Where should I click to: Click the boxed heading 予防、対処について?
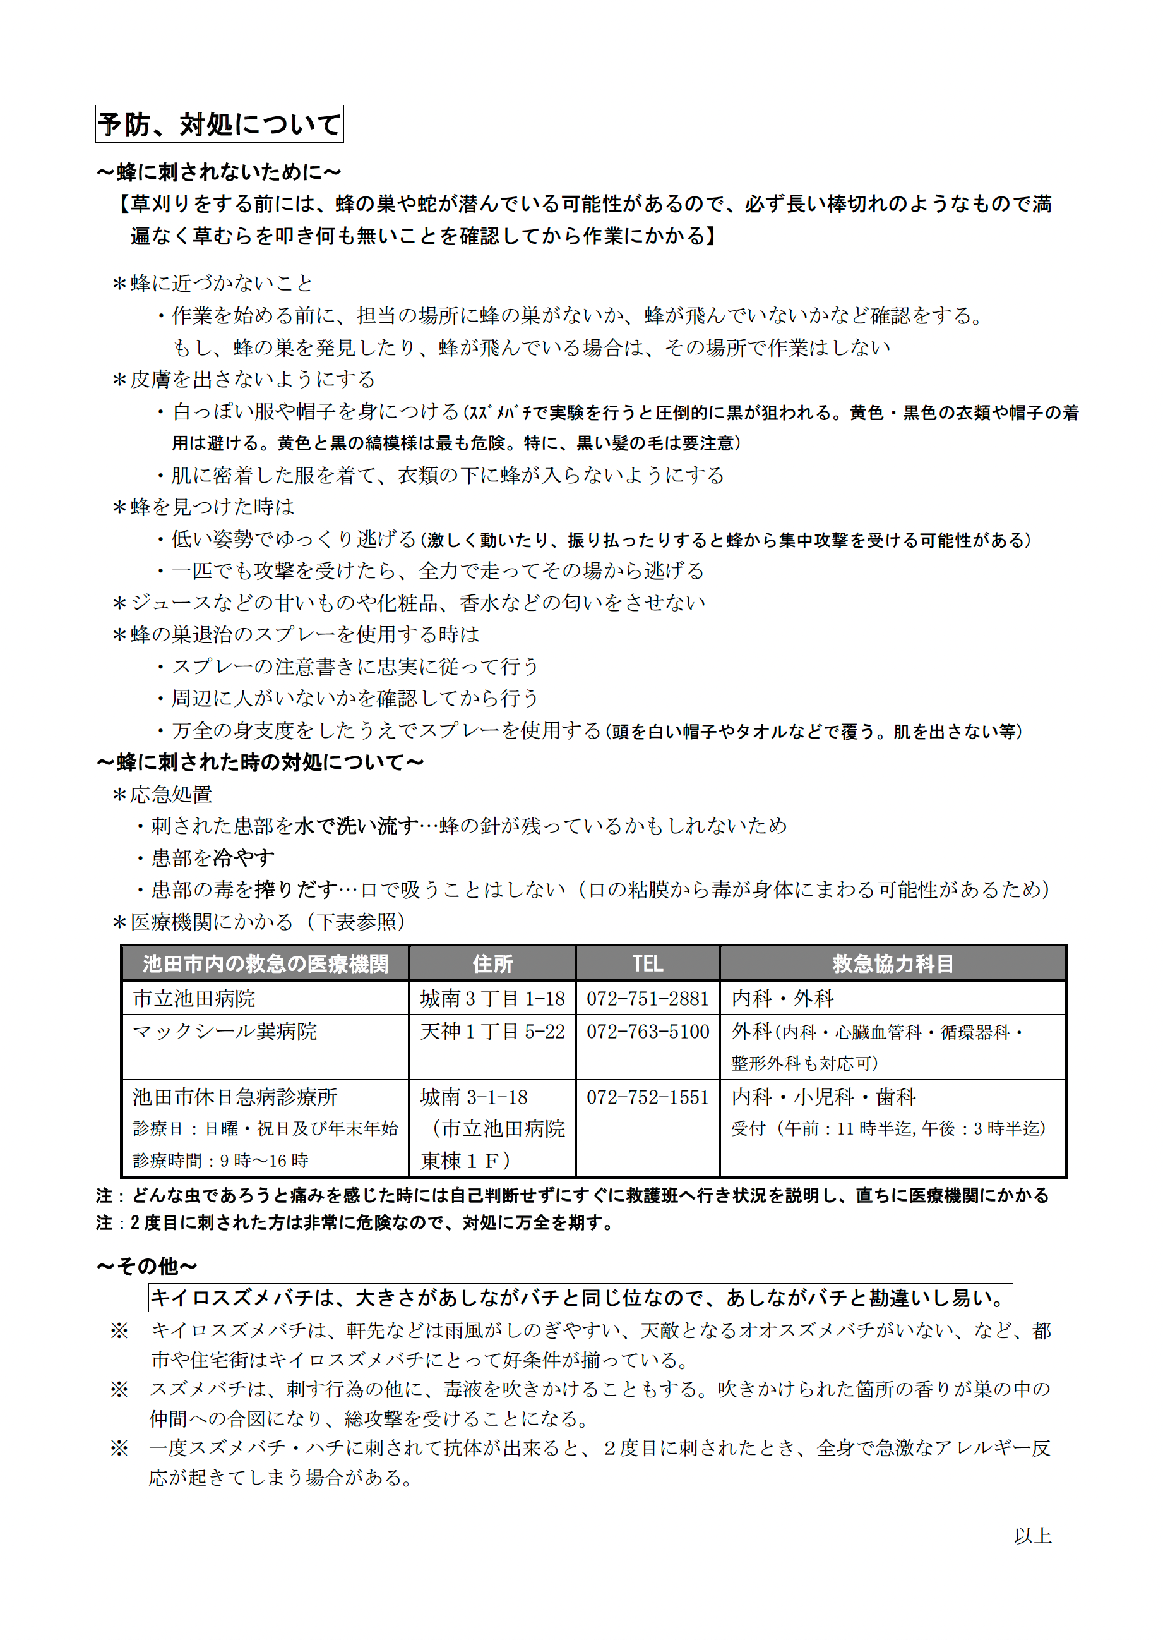(x=219, y=124)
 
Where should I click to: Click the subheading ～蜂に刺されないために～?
(x=219, y=172)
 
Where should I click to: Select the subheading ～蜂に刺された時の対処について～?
(x=261, y=763)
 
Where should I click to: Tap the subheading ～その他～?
(x=148, y=1266)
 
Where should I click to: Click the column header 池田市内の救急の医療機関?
(x=266, y=963)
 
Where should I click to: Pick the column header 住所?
(x=492, y=963)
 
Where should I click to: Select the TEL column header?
(x=647, y=963)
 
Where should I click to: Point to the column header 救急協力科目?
(x=892, y=963)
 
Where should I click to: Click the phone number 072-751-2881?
(x=647, y=999)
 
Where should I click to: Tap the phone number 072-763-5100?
(x=647, y=1032)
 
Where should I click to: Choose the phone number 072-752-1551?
(x=647, y=1097)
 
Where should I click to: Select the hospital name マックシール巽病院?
(x=225, y=1032)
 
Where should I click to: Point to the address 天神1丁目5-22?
(x=492, y=1032)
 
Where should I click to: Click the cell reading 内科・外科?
(x=782, y=999)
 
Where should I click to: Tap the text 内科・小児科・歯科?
(x=823, y=1097)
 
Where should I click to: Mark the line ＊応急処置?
(x=162, y=795)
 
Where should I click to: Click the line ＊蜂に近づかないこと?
(x=213, y=283)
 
